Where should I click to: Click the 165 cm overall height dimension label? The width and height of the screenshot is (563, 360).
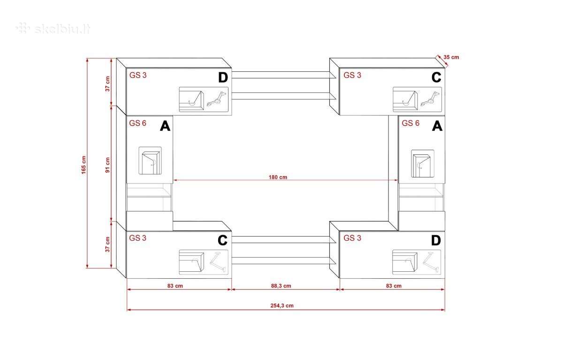84,165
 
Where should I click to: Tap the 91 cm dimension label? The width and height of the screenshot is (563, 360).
107,165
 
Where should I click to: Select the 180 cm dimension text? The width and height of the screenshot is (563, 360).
278,177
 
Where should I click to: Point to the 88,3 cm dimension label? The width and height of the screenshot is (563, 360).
281,286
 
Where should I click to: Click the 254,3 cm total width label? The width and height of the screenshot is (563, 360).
282,306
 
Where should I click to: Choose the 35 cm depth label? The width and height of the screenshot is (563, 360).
451,57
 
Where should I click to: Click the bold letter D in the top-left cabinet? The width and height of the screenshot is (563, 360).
223,77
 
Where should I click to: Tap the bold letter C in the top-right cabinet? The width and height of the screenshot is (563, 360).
436,77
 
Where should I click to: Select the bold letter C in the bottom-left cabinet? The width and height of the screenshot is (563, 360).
222,240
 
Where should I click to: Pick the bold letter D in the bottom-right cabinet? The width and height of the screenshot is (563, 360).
436,240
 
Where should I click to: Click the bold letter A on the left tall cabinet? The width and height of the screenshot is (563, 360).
165,126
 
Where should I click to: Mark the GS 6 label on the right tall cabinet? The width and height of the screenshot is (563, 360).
411,123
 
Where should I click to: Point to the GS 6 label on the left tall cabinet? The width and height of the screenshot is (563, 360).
137,123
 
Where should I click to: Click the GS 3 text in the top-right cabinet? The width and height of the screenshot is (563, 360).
352,75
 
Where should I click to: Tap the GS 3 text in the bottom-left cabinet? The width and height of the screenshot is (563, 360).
137,238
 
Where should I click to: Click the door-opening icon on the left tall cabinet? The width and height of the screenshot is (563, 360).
150,161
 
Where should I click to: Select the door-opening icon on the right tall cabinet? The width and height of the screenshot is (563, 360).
423,164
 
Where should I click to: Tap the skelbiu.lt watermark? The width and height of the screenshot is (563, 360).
53,29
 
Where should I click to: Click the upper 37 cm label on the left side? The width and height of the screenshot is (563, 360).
107,84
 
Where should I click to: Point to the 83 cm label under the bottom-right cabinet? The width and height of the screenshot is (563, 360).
394,286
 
